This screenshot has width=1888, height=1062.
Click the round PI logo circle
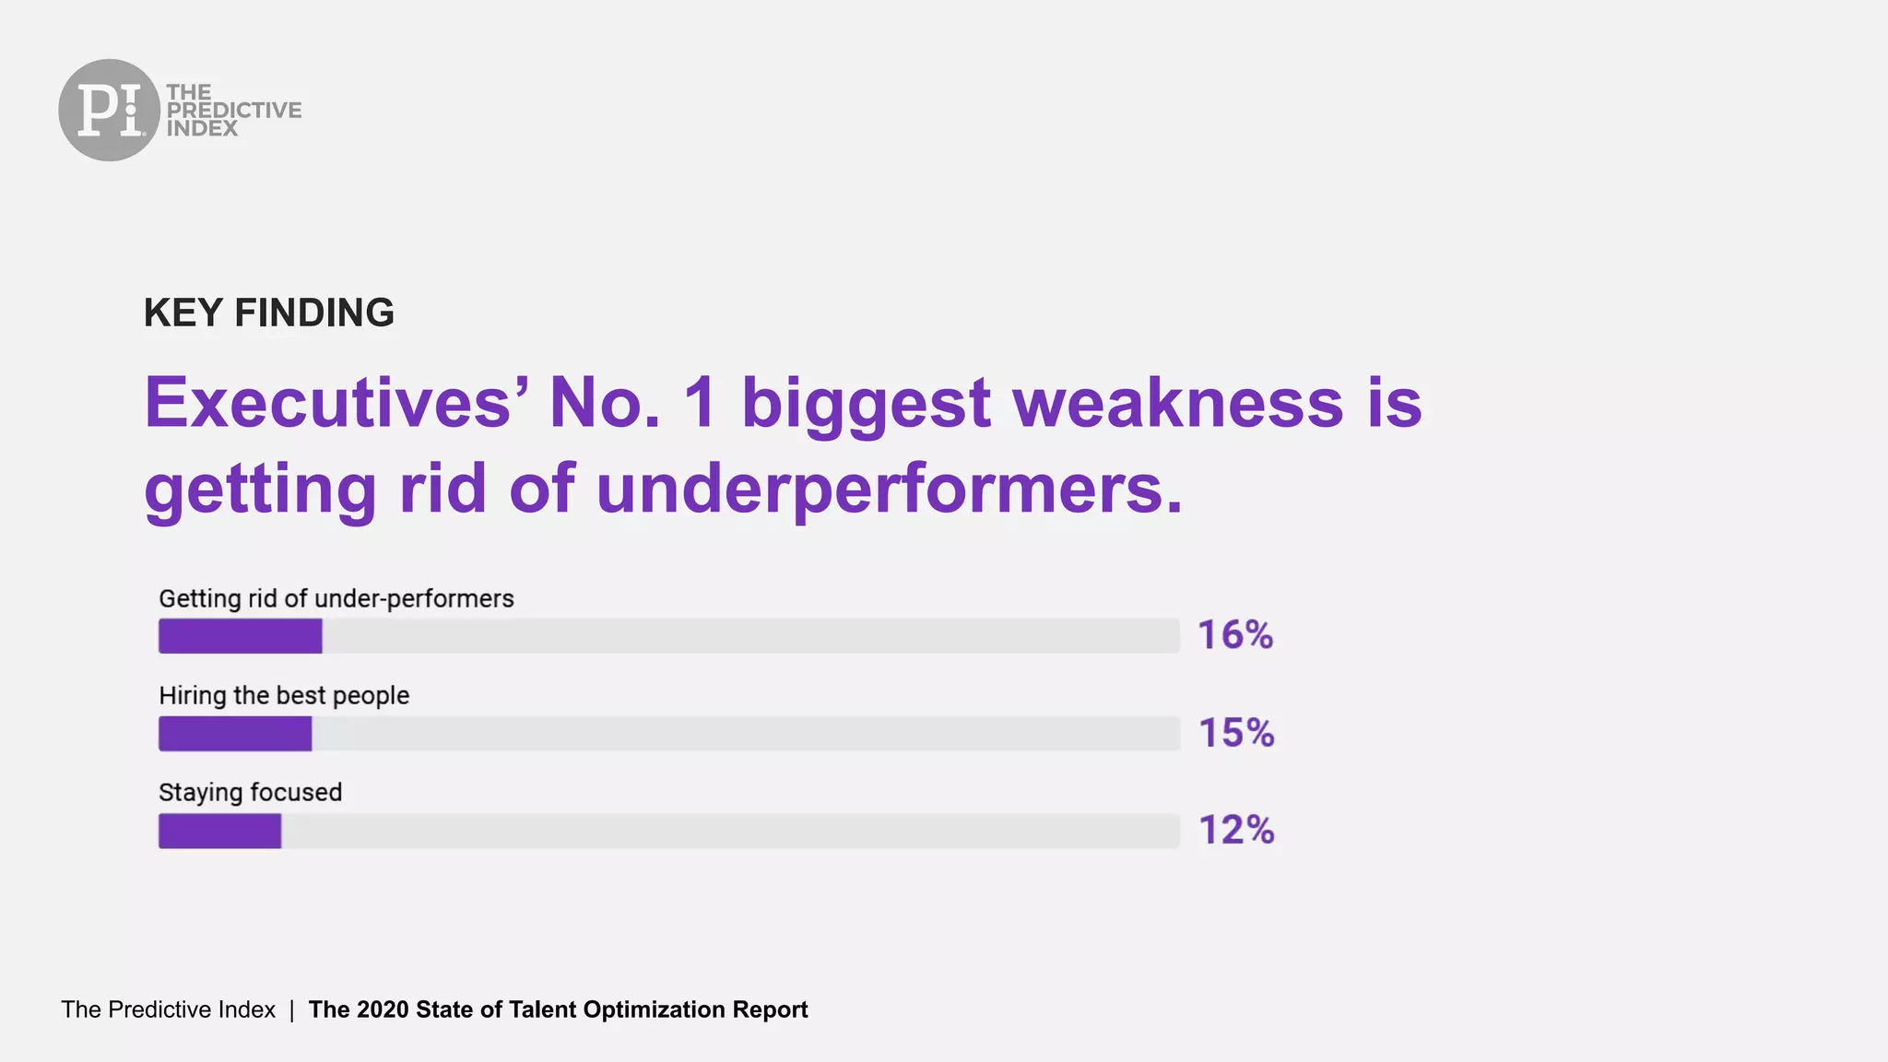click(109, 110)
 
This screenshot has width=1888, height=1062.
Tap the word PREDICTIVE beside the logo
click(234, 110)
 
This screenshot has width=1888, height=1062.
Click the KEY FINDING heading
click(268, 313)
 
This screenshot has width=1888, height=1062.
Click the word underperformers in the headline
click(889, 489)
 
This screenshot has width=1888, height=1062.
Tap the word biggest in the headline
click(866, 405)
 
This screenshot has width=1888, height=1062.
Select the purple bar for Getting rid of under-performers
click(240, 636)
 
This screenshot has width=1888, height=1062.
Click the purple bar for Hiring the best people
click(235, 734)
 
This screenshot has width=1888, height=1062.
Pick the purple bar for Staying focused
click(219, 831)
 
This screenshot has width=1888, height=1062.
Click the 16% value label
click(1235, 635)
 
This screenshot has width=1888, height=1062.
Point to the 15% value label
click(1236, 733)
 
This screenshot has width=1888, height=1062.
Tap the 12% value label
click(1236, 830)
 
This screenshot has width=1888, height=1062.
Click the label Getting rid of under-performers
click(336, 599)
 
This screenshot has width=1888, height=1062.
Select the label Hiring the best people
click(284, 696)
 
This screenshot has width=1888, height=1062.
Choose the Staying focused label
click(250, 793)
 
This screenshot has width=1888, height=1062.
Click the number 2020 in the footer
click(383, 1009)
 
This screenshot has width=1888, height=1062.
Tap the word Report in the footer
click(770, 1009)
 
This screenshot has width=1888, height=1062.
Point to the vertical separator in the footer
click(291, 1010)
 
